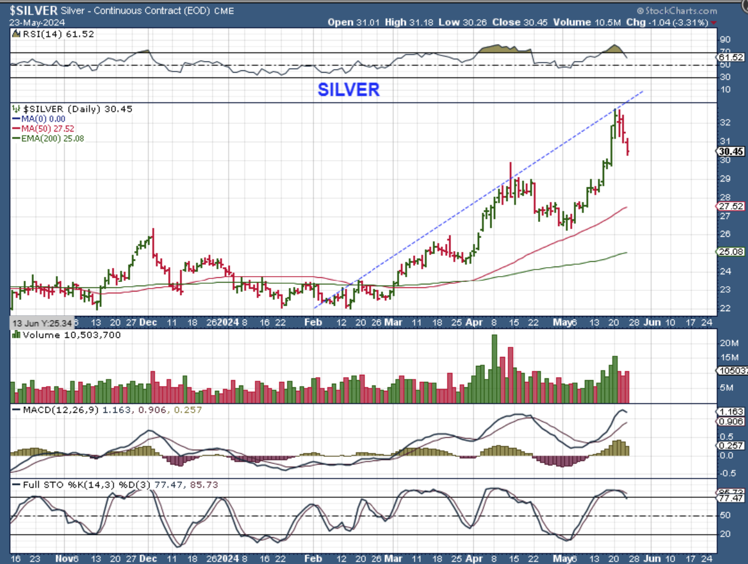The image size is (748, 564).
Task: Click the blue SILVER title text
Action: tap(348, 89)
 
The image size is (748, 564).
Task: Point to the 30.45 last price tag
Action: tap(731, 151)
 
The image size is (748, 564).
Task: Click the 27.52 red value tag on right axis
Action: tap(731, 206)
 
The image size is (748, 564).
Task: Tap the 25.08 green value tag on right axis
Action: tap(731, 252)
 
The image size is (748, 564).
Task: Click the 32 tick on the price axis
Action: tap(725, 123)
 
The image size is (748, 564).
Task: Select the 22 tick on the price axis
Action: tap(725, 308)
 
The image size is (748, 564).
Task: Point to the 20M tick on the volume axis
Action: tap(728, 343)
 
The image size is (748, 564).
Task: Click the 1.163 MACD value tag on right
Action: tap(731, 412)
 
